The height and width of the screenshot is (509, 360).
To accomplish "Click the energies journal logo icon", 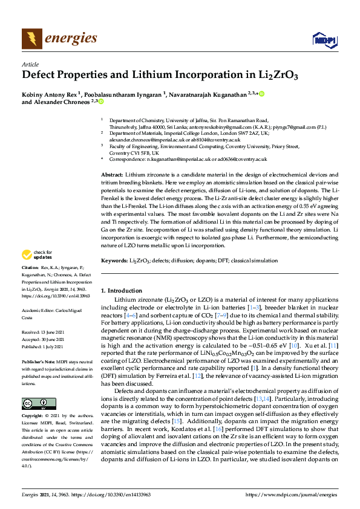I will point(31,39).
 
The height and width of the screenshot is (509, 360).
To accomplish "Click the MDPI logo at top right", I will point(324,40).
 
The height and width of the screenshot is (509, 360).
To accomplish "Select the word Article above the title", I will point(30,65).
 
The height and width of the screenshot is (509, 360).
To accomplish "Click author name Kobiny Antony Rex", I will point(48,94).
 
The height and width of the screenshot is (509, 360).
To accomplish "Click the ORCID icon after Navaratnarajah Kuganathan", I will point(262,94).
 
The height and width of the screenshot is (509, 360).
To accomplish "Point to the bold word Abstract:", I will point(112,174).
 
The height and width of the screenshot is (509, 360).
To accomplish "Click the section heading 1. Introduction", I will point(122,291).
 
